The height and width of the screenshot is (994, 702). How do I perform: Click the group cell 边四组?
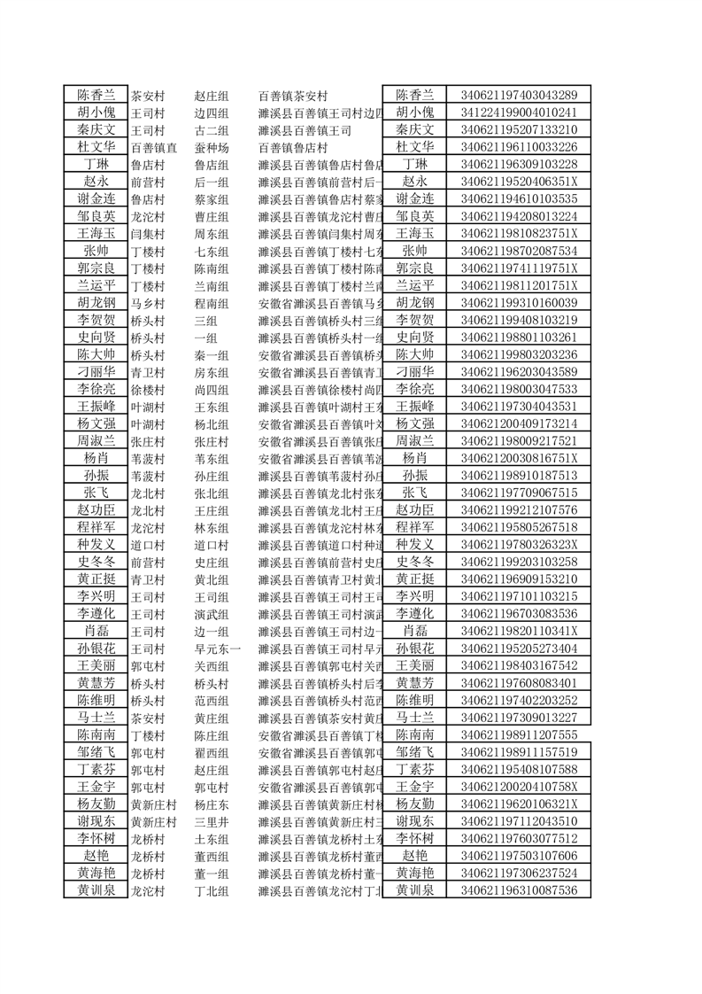point(212,113)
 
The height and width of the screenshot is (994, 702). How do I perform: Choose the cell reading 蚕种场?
point(212,148)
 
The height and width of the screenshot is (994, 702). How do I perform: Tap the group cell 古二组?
point(212,130)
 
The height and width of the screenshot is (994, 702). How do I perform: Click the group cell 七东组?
point(212,252)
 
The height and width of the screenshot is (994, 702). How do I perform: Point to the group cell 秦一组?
point(212,355)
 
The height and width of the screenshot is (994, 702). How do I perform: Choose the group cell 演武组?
point(212,614)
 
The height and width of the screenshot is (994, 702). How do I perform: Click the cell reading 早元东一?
point(217,648)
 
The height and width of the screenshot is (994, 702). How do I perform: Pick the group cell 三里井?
point(212,821)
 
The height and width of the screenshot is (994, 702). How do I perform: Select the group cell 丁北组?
point(212,890)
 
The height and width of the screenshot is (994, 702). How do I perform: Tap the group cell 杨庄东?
point(212,804)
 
